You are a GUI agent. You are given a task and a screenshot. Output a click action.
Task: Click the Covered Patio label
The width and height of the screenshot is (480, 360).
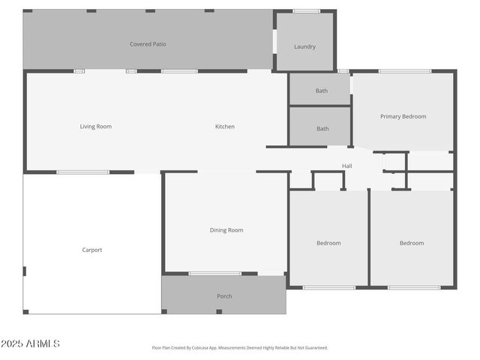(x=148, y=44)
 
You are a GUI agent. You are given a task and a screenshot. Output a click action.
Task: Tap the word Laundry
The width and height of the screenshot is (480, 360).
(x=304, y=46)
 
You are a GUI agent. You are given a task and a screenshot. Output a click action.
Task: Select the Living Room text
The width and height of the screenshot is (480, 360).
(x=96, y=127)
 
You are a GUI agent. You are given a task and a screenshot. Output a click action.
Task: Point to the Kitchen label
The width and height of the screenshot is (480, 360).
(x=225, y=127)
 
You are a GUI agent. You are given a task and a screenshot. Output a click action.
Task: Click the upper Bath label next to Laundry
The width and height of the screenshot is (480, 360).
(x=321, y=91)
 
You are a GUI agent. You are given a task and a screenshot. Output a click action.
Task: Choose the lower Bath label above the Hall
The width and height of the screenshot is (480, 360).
(x=322, y=129)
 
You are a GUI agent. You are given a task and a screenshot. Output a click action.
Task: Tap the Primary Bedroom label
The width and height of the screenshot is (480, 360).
(x=403, y=116)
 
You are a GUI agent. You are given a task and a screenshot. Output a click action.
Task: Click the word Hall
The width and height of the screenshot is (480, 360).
(x=347, y=166)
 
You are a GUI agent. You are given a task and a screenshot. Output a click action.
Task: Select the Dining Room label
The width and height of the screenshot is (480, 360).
(x=226, y=230)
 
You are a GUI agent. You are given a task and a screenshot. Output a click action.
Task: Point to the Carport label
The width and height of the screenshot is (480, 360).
(x=92, y=250)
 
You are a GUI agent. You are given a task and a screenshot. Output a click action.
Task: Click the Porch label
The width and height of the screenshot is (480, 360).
(x=224, y=296)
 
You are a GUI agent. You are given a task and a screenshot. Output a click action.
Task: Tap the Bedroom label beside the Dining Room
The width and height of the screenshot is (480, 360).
(x=328, y=243)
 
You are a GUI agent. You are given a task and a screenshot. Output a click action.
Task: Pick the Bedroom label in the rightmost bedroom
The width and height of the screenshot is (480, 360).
(x=411, y=243)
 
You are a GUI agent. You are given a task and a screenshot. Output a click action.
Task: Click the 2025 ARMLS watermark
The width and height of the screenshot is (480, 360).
(x=30, y=343)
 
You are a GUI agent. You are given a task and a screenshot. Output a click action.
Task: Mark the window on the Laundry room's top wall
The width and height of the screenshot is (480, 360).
(x=306, y=11)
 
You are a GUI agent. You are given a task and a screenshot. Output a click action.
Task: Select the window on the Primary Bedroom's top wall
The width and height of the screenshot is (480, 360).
(x=404, y=71)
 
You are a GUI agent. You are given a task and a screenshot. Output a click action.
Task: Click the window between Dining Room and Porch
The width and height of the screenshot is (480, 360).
(x=214, y=274)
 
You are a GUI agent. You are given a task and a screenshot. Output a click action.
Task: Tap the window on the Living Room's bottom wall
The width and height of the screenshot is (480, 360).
(x=82, y=172)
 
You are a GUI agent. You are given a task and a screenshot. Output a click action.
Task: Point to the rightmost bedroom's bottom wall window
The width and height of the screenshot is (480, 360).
(x=414, y=287)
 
